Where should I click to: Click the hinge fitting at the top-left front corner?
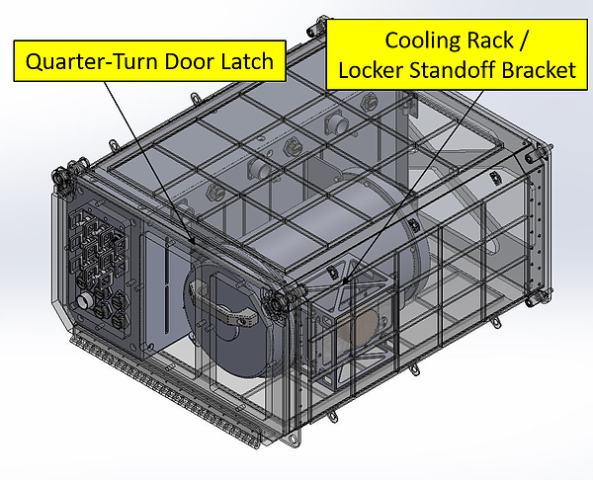point(65,178)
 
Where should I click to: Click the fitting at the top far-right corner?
point(535,154)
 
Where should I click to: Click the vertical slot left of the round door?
point(155,286)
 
